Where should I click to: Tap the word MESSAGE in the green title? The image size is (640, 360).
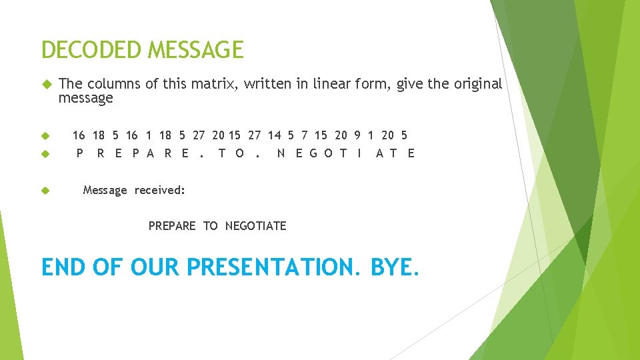196,50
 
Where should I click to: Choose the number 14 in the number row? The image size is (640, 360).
275,135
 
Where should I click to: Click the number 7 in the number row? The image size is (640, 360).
306,135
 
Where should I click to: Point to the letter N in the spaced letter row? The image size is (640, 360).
281,153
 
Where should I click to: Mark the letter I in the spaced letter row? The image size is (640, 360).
359,153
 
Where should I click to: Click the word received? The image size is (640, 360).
160,191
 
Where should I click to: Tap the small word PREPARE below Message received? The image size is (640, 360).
172,226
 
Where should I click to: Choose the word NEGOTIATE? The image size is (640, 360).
255,226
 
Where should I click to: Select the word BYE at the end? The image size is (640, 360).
395,267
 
